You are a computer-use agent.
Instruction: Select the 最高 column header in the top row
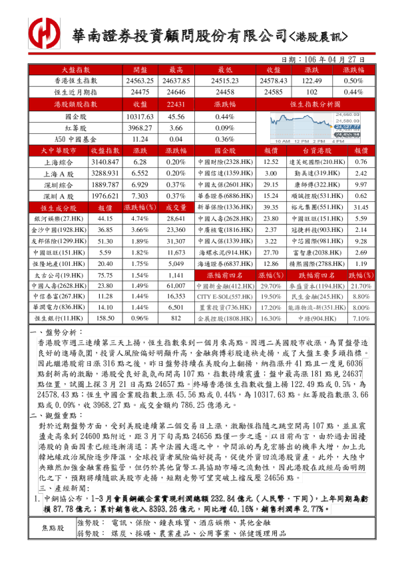click(176, 69)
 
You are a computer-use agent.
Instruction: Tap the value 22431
click(176, 104)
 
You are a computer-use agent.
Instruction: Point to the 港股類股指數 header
click(76, 104)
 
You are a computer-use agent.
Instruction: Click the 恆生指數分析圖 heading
click(315, 104)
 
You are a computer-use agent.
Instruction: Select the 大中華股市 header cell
click(55, 151)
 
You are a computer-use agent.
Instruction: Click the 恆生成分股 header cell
click(55, 209)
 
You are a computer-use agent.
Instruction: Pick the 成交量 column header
click(176, 209)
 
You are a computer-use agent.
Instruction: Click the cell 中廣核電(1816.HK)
click(226, 230)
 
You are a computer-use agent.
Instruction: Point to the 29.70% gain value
click(270, 286)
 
